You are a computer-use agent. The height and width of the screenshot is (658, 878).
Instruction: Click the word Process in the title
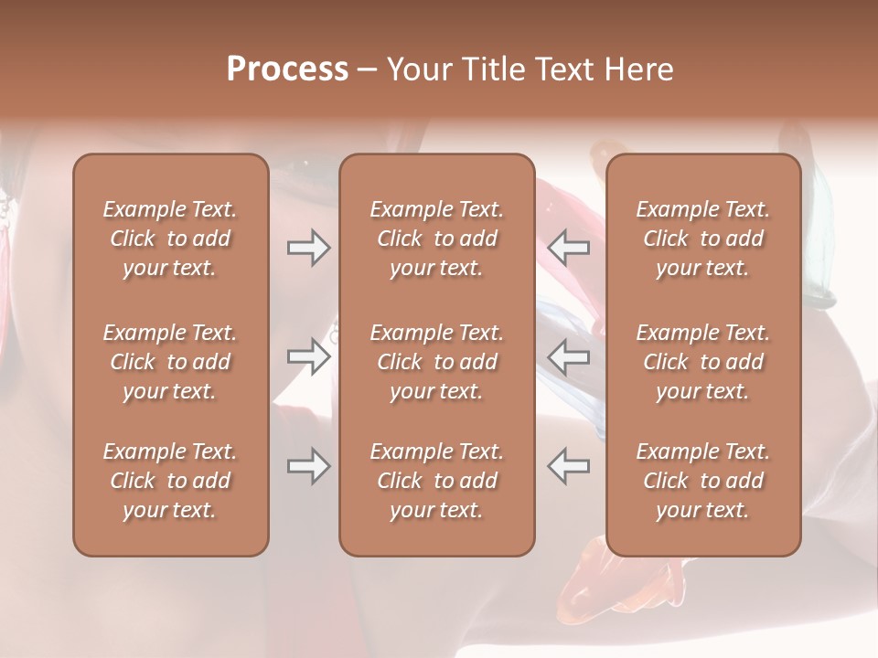[287, 69]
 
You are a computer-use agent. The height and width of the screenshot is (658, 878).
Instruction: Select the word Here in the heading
[637, 69]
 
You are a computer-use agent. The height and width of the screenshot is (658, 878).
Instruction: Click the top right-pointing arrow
[308, 248]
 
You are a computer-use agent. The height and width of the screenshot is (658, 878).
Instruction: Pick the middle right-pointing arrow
[308, 356]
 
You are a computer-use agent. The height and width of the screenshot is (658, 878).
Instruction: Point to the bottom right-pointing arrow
[308, 466]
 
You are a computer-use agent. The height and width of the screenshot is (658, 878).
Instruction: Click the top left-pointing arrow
[569, 248]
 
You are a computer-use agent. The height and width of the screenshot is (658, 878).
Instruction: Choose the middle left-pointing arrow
[569, 356]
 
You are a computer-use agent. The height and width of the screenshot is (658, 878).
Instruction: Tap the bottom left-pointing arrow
[569, 466]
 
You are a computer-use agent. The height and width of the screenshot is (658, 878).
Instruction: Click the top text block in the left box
[170, 239]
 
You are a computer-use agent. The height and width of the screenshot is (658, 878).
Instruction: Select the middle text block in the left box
[170, 362]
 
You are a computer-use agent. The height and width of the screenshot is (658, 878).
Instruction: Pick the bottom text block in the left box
[170, 481]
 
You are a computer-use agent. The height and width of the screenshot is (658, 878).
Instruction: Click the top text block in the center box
[437, 239]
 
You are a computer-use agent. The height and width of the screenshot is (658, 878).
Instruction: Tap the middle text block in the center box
[437, 362]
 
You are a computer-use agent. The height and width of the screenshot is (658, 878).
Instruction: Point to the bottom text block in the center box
[437, 481]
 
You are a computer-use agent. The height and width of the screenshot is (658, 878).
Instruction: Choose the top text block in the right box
[703, 239]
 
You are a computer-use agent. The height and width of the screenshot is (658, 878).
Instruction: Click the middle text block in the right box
[703, 362]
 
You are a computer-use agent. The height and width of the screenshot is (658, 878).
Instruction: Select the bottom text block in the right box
[703, 481]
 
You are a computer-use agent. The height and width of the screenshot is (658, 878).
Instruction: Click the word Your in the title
[417, 69]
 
